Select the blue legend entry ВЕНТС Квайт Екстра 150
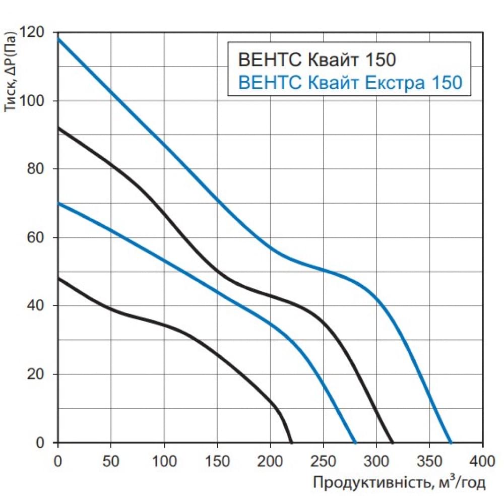pos(350,82)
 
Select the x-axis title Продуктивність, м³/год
pos(399,483)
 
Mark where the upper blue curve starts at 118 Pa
pos(59,39)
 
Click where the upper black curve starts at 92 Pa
pos(59,128)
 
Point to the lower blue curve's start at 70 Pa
pos(59,203)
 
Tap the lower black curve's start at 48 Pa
pos(59,278)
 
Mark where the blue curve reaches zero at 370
pos(451,442)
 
